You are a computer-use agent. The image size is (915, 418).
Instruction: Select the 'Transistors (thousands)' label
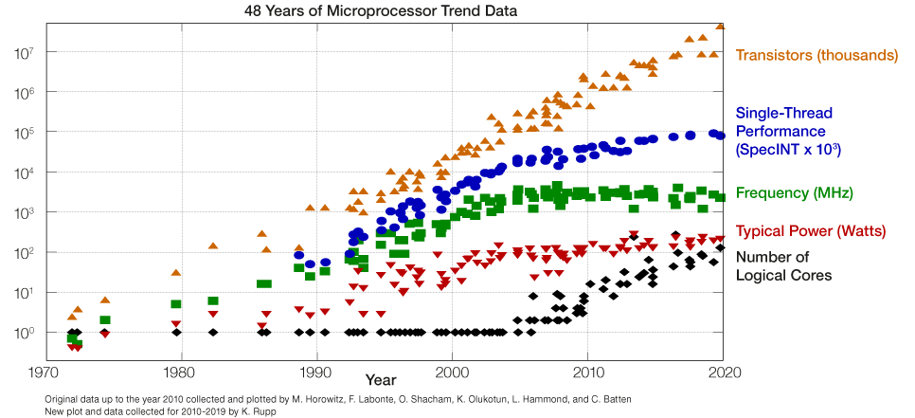(x=816, y=56)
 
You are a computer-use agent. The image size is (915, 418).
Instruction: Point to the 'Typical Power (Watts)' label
(x=810, y=231)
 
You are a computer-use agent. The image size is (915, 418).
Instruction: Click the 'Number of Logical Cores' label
(x=784, y=266)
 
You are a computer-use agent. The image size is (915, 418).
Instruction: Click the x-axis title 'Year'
(x=382, y=380)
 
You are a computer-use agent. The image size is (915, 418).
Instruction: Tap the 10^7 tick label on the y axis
(x=26, y=54)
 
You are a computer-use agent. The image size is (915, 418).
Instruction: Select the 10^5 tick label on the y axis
(x=26, y=134)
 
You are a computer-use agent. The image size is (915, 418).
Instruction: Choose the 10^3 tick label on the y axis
(x=26, y=213)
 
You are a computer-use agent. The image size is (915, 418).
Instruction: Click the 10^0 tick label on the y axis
(x=26, y=334)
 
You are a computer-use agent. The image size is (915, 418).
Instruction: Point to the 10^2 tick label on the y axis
(x=26, y=254)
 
